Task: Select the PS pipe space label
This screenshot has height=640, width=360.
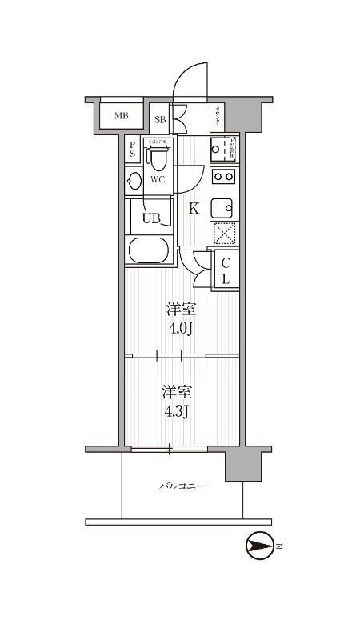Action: pyautogui.click(x=132, y=150)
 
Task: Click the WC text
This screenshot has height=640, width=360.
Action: pyautogui.click(x=158, y=179)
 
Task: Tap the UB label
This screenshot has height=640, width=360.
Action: pyautogui.click(x=150, y=217)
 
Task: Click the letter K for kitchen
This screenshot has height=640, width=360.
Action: pyautogui.click(x=193, y=210)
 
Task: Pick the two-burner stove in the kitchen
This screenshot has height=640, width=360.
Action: pyautogui.click(x=224, y=177)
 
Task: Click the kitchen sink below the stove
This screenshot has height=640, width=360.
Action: pyautogui.click(x=223, y=207)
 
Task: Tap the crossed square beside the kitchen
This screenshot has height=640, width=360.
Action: pyautogui.click(x=224, y=234)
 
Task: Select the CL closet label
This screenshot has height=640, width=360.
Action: pyautogui.click(x=226, y=270)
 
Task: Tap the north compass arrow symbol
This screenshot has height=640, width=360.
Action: pyautogui.click(x=262, y=547)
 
